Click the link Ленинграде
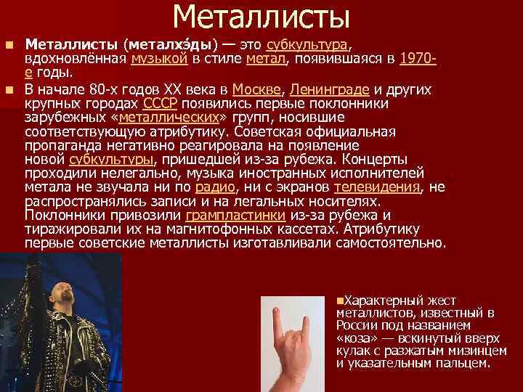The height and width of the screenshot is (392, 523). [329, 90]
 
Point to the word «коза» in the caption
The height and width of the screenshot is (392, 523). [357, 338]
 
